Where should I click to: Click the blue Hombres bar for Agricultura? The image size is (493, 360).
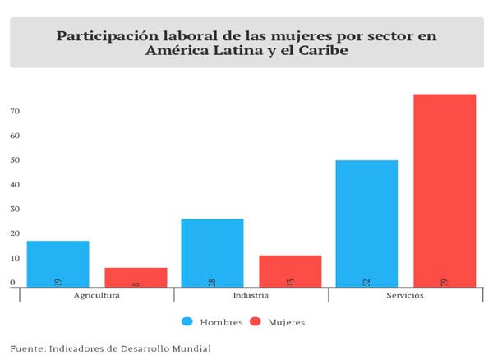58,264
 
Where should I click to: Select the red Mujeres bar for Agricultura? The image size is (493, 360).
136,277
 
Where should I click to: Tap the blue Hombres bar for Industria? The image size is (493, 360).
212,252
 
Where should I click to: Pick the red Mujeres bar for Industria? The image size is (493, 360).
290,271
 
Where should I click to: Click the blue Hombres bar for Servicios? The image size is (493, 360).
366,224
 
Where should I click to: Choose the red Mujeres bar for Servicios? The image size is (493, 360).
445,191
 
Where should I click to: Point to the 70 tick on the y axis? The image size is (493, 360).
15,111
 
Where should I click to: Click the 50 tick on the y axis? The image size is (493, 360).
15,159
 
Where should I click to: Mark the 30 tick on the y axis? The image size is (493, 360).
15,209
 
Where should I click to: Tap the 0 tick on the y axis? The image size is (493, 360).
12,282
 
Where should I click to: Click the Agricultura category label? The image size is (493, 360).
97,295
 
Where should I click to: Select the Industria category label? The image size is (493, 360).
251,295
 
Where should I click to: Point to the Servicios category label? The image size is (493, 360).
405,295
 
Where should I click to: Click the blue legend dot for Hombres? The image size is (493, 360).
188,321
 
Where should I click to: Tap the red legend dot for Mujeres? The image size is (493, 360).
255,321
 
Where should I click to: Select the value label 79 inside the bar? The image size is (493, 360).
445,283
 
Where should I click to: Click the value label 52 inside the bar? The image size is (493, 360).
366,283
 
